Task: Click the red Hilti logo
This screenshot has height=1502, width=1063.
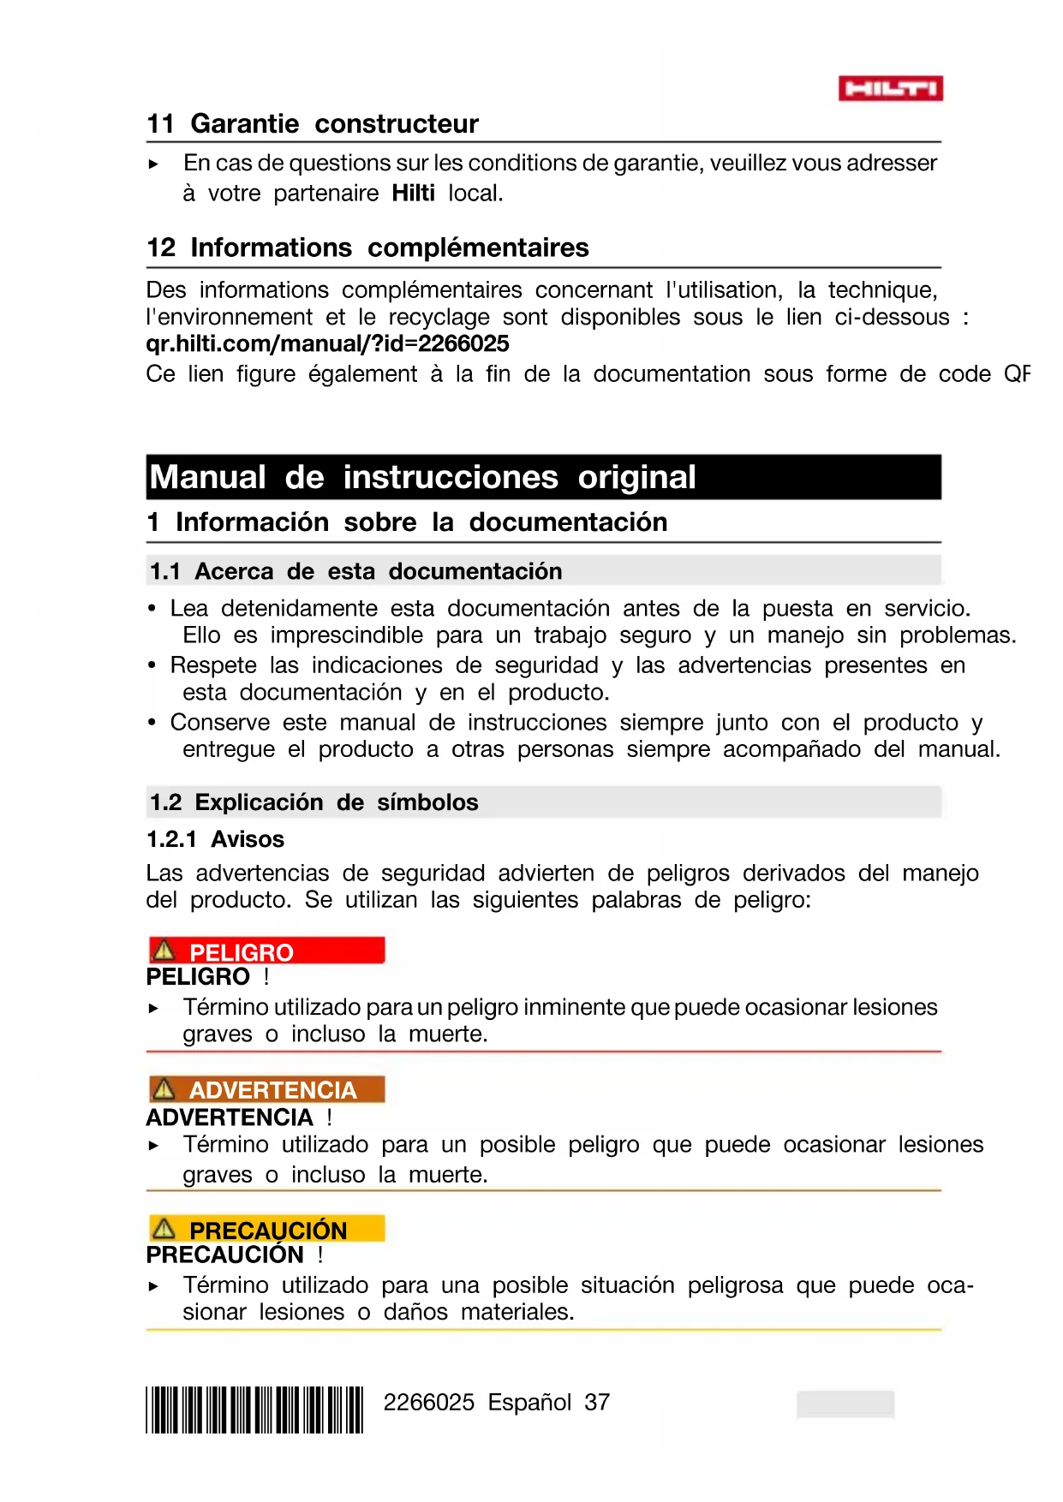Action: pyautogui.click(x=890, y=88)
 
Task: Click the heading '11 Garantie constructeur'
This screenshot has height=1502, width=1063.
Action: pyautogui.click(x=313, y=124)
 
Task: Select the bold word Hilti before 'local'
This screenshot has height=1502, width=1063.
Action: pyautogui.click(x=413, y=194)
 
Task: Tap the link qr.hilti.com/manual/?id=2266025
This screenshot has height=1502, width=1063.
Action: pyautogui.click(x=327, y=344)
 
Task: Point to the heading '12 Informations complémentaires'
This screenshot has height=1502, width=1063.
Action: pyautogui.click(x=367, y=248)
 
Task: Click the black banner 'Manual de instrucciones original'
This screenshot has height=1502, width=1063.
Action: pyautogui.click(x=543, y=477)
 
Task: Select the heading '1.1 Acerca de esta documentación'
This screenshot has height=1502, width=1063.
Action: pyautogui.click(x=355, y=571)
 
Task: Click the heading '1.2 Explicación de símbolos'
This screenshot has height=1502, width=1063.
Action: pyautogui.click(x=314, y=802)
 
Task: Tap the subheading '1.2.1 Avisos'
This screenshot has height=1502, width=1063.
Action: pyautogui.click(x=215, y=839)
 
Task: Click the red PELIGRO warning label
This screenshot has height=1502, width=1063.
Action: pyautogui.click(x=266, y=951)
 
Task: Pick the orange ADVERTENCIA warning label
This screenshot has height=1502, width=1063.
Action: pyautogui.click(x=266, y=1089)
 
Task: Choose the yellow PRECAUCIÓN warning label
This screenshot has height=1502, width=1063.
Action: pyautogui.click(x=266, y=1229)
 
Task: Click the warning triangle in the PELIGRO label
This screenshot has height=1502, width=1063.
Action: pyautogui.click(x=163, y=951)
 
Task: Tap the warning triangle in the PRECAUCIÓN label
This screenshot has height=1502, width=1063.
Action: pyautogui.click(x=163, y=1229)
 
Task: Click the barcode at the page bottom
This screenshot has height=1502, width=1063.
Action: pyautogui.click(x=254, y=1410)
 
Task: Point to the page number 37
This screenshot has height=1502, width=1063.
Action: pyautogui.click(x=597, y=1403)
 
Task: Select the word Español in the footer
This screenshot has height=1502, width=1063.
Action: pyautogui.click(x=529, y=1403)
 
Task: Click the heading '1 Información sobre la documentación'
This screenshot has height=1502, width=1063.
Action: pyautogui.click(x=407, y=522)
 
